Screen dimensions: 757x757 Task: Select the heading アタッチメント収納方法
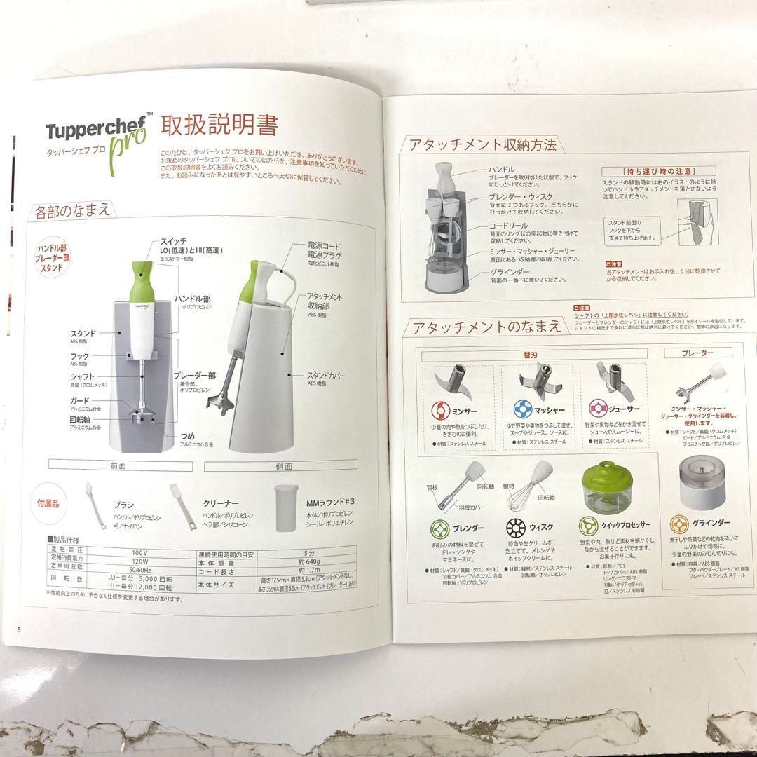point(483,145)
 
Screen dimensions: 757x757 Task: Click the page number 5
point(20,628)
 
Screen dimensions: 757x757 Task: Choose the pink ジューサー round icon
point(598,409)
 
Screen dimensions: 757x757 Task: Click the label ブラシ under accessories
point(123,505)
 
